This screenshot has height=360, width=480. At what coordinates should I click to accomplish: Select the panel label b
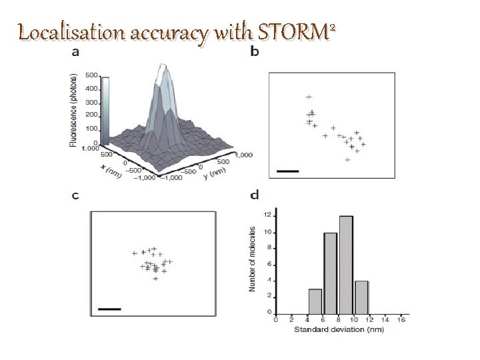(x=254, y=51)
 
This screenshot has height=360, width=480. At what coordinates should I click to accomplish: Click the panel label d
(x=254, y=195)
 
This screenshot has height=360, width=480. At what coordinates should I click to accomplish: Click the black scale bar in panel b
(x=288, y=171)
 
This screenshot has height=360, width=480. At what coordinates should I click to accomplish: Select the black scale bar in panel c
(x=109, y=309)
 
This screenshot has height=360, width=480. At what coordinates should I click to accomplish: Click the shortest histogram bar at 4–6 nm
(x=315, y=301)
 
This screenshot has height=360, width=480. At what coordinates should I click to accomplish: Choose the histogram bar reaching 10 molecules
(x=330, y=273)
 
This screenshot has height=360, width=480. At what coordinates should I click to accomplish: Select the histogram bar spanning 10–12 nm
(x=361, y=297)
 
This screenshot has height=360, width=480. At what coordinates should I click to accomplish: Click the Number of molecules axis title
(x=253, y=258)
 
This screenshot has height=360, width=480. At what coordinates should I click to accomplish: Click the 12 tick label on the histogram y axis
(x=267, y=215)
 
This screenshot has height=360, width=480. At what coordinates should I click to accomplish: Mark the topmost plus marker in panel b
(x=309, y=97)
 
